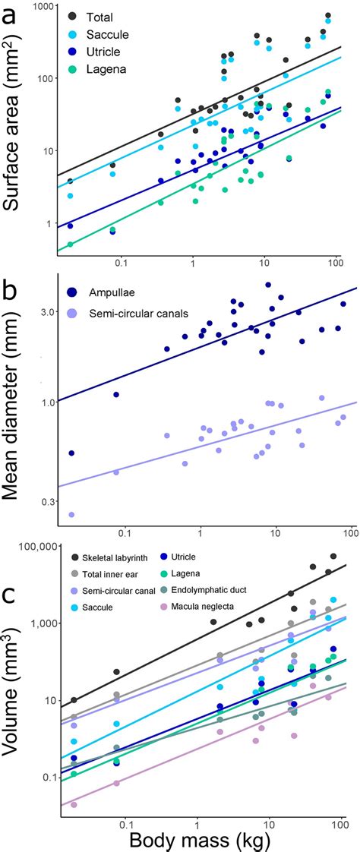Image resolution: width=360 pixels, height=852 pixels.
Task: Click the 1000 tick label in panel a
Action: click(46, 7)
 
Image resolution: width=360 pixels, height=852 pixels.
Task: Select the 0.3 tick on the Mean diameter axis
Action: click(48, 501)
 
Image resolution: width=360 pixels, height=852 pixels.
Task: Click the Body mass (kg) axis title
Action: click(200, 840)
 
